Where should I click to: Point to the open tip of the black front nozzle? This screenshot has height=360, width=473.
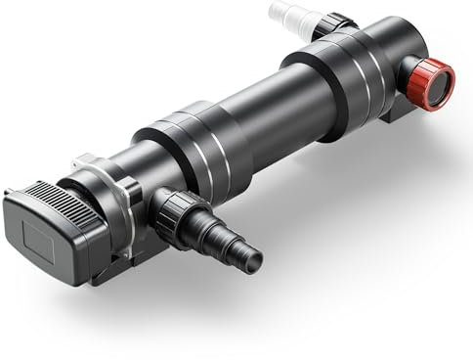[254, 260]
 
